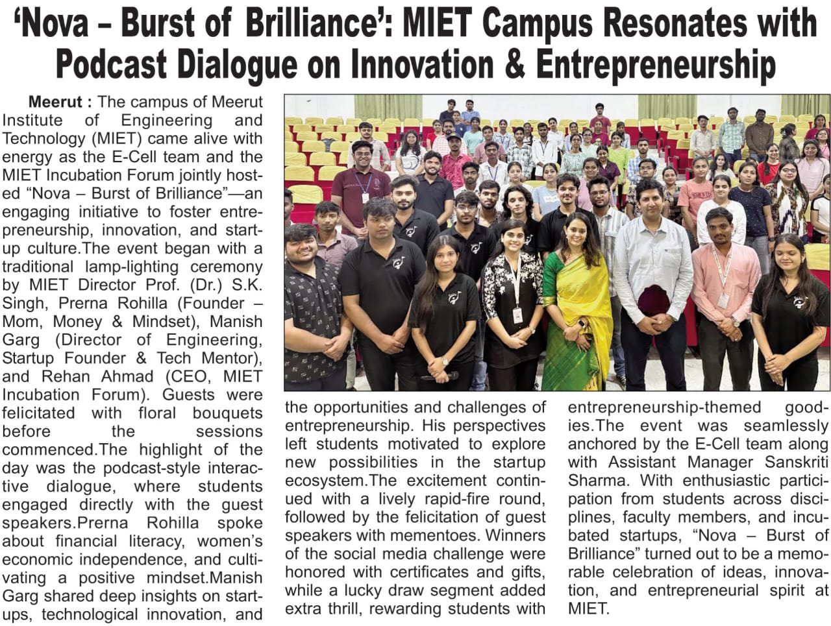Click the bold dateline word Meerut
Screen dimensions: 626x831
tap(56, 102)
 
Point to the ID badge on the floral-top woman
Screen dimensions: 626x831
tap(517, 315)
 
